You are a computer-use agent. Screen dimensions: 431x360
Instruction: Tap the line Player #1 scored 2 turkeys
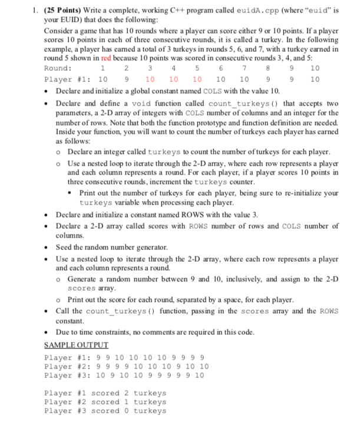coord(105,393)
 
